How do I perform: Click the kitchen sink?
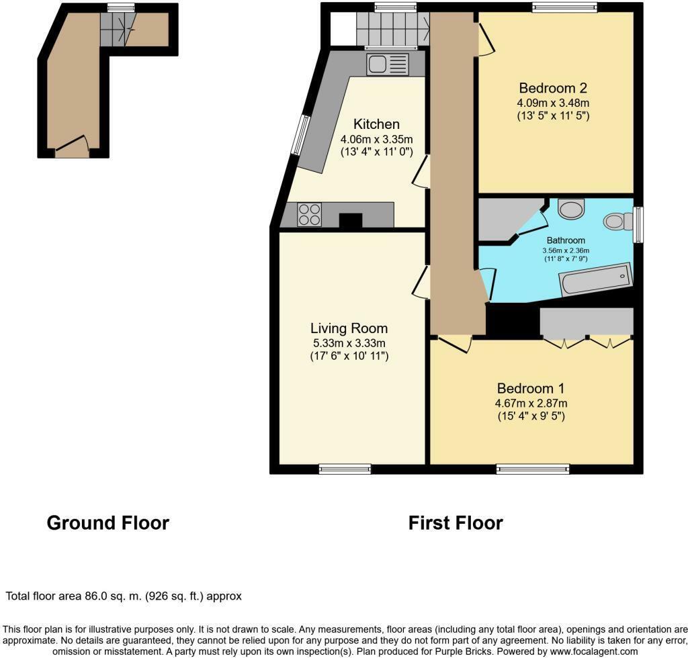[388, 64]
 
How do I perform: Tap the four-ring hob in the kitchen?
[309, 214]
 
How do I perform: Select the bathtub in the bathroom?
[596, 279]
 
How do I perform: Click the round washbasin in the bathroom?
[571, 208]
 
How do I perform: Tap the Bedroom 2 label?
[553, 88]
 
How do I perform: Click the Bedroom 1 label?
[531, 388]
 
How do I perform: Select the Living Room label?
[349, 328]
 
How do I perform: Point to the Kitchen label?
[376, 124]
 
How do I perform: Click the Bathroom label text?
[566, 240]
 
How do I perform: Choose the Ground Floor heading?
[108, 523]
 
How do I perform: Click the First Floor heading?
[456, 523]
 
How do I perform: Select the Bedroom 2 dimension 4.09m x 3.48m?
[553, 103]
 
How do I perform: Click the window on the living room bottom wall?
[345, 469]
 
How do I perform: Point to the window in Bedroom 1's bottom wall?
[533, 469]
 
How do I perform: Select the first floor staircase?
[392, 29]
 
